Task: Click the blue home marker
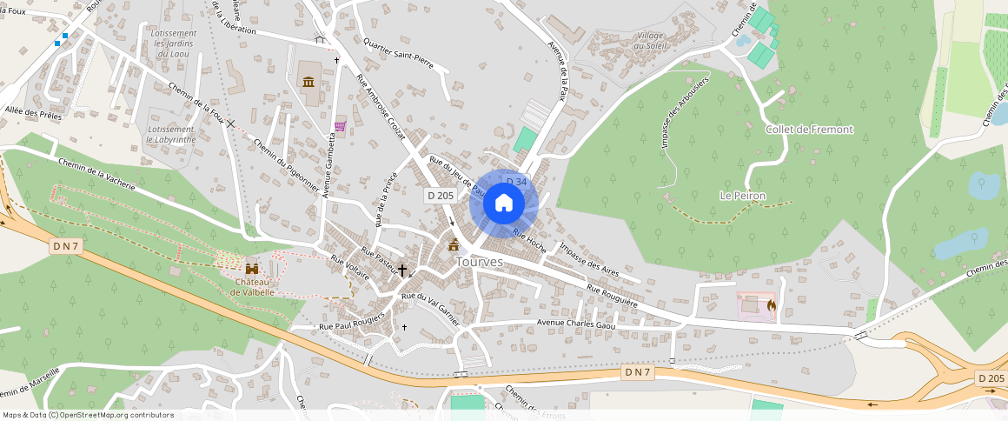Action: click(x=503, y=204)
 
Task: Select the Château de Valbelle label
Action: click(x=253, y=287)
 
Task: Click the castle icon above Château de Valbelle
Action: click(x=253, y=269)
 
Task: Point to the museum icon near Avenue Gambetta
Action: click(x=308, y=82)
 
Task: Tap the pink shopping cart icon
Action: click(x=340, y=125)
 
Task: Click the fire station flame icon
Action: click(x=771, y=305)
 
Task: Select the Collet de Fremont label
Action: click(x=809, y=130)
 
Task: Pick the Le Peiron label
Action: click(x=742, y=196)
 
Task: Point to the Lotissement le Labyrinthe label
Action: click(x=171, y=133)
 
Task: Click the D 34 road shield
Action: click(x=516, y=182)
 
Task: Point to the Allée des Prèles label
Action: click(x=34, y=113)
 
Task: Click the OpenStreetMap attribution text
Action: click(x=89, y=415)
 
